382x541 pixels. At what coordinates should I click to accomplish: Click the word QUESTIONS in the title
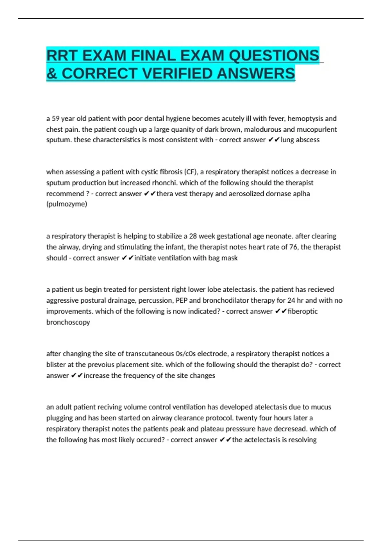(x=274, y=56)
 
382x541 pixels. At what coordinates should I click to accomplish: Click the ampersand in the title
(x=52, y=74)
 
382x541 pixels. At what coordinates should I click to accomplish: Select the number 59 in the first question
(x=55, y=119)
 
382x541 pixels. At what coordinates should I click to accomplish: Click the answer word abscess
(x=308, y=140)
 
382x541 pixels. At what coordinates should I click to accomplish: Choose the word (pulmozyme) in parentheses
(x=67, y=204)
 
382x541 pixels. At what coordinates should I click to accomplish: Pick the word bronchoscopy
(x=68, y=322)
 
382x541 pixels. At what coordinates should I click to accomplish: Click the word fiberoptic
(x=302, y=312)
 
